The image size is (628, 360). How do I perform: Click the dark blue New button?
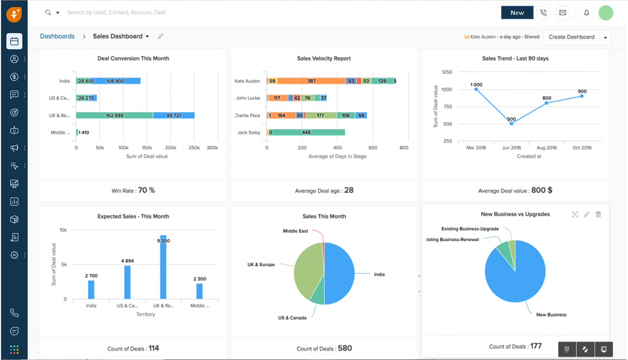pos(517,12)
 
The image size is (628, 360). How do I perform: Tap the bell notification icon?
pos(586,12)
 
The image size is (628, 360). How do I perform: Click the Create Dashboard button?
pos(571,37)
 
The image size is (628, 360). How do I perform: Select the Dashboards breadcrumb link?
pos(57,36)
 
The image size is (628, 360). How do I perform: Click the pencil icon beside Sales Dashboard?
pos(160,36)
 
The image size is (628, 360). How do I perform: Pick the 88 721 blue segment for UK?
pos(174,115)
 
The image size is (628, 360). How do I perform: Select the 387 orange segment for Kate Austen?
pos(311,81)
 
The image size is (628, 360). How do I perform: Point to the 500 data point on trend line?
pos(511,123)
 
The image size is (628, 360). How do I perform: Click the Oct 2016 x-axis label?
pos(582,148)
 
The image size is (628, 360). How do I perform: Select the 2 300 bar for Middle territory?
pos(199,291)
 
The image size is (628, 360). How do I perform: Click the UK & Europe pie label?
pos(261,264)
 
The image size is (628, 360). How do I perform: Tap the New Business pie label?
pos(551,315)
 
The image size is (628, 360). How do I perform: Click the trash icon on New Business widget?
pos(598,214)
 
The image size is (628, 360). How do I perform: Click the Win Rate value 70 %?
pos(146,190)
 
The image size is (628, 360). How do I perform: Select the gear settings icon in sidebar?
pos(14,255)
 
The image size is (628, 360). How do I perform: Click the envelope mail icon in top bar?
pos(562,12)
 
